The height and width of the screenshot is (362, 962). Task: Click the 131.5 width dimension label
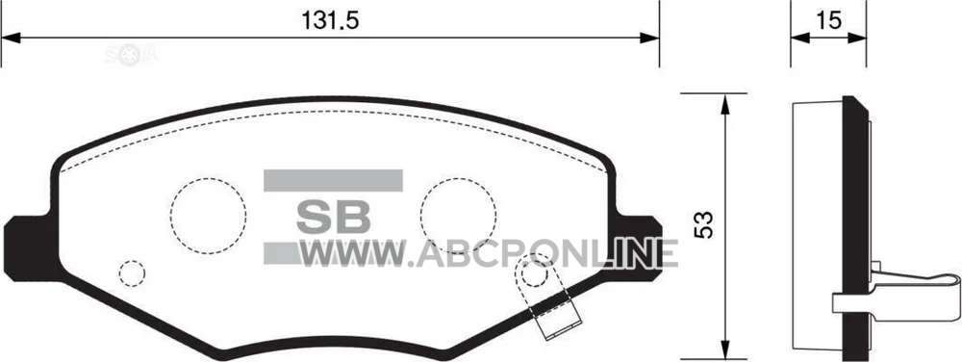[329, 21]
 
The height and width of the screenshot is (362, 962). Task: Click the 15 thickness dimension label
[827, 21]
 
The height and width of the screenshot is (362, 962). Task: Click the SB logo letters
[333, 217]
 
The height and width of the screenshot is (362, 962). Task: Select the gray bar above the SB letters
[333, 180]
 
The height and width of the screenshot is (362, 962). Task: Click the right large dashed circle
[458, 178]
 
